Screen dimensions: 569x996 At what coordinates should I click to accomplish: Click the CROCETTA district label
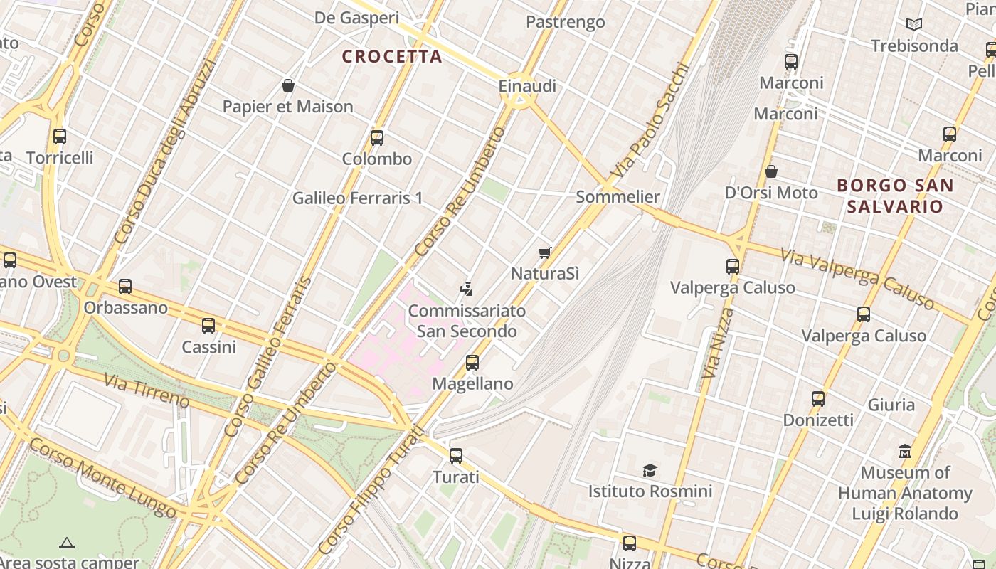click(392, 56)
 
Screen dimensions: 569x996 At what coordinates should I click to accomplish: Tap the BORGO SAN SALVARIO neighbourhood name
click(894, 196)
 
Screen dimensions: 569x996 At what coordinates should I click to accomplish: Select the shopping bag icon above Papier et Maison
click(288, 85)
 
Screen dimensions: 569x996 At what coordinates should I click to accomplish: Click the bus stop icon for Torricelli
click(60, 136)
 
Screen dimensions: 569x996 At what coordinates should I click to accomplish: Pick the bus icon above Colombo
click(377, 137)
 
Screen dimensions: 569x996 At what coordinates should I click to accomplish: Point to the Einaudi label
click(527, 86)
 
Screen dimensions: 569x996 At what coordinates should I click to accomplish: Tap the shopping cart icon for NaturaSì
click(545, 252)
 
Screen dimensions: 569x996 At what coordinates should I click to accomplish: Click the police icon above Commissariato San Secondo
click(466, 289)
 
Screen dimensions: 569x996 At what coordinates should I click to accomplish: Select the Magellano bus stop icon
click(472, 362)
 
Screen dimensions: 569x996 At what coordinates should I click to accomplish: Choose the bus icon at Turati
click(456, 455)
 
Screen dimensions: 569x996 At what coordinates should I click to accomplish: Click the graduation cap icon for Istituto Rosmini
click(650, 470)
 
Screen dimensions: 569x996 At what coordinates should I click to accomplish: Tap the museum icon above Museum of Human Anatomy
click(905, 451)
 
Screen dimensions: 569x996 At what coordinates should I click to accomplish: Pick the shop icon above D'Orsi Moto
click(771, 171)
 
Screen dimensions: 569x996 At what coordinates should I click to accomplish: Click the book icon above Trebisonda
click(914, 25)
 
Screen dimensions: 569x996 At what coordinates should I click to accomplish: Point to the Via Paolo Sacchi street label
click(650, 122)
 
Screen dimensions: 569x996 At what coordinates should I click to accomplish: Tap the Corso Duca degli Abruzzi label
click(164, 151)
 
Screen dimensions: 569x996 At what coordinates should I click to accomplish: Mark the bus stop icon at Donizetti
click(818, 398)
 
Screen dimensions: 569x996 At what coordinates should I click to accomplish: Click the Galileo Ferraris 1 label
click(357, 198)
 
